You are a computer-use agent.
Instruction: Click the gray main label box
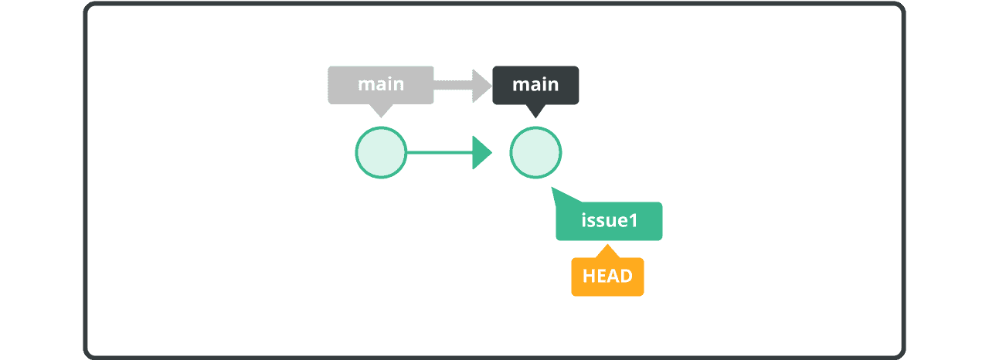coord(380,85)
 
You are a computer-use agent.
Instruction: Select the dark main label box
coord(535,85)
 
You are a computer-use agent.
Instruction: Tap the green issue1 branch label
coord(609,221)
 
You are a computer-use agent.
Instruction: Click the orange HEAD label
coord(607,277)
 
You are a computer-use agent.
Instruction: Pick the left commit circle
coord(381,153)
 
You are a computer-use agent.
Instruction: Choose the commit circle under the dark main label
coord(535,153)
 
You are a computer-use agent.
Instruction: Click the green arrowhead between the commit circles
coord(481,153)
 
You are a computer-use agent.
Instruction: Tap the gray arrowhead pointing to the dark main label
coord(481,85)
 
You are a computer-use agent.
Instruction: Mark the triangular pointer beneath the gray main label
coord(380,110)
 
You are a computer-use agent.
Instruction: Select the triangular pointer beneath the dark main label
coord(535,110)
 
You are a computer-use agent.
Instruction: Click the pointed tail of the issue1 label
coord(557,196)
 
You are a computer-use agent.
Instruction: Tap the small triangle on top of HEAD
coord(607,251)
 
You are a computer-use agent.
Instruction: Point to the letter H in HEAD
coord(589,277)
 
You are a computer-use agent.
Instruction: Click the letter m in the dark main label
coord(521,85)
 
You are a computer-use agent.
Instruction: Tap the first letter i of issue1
coord(584,221)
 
